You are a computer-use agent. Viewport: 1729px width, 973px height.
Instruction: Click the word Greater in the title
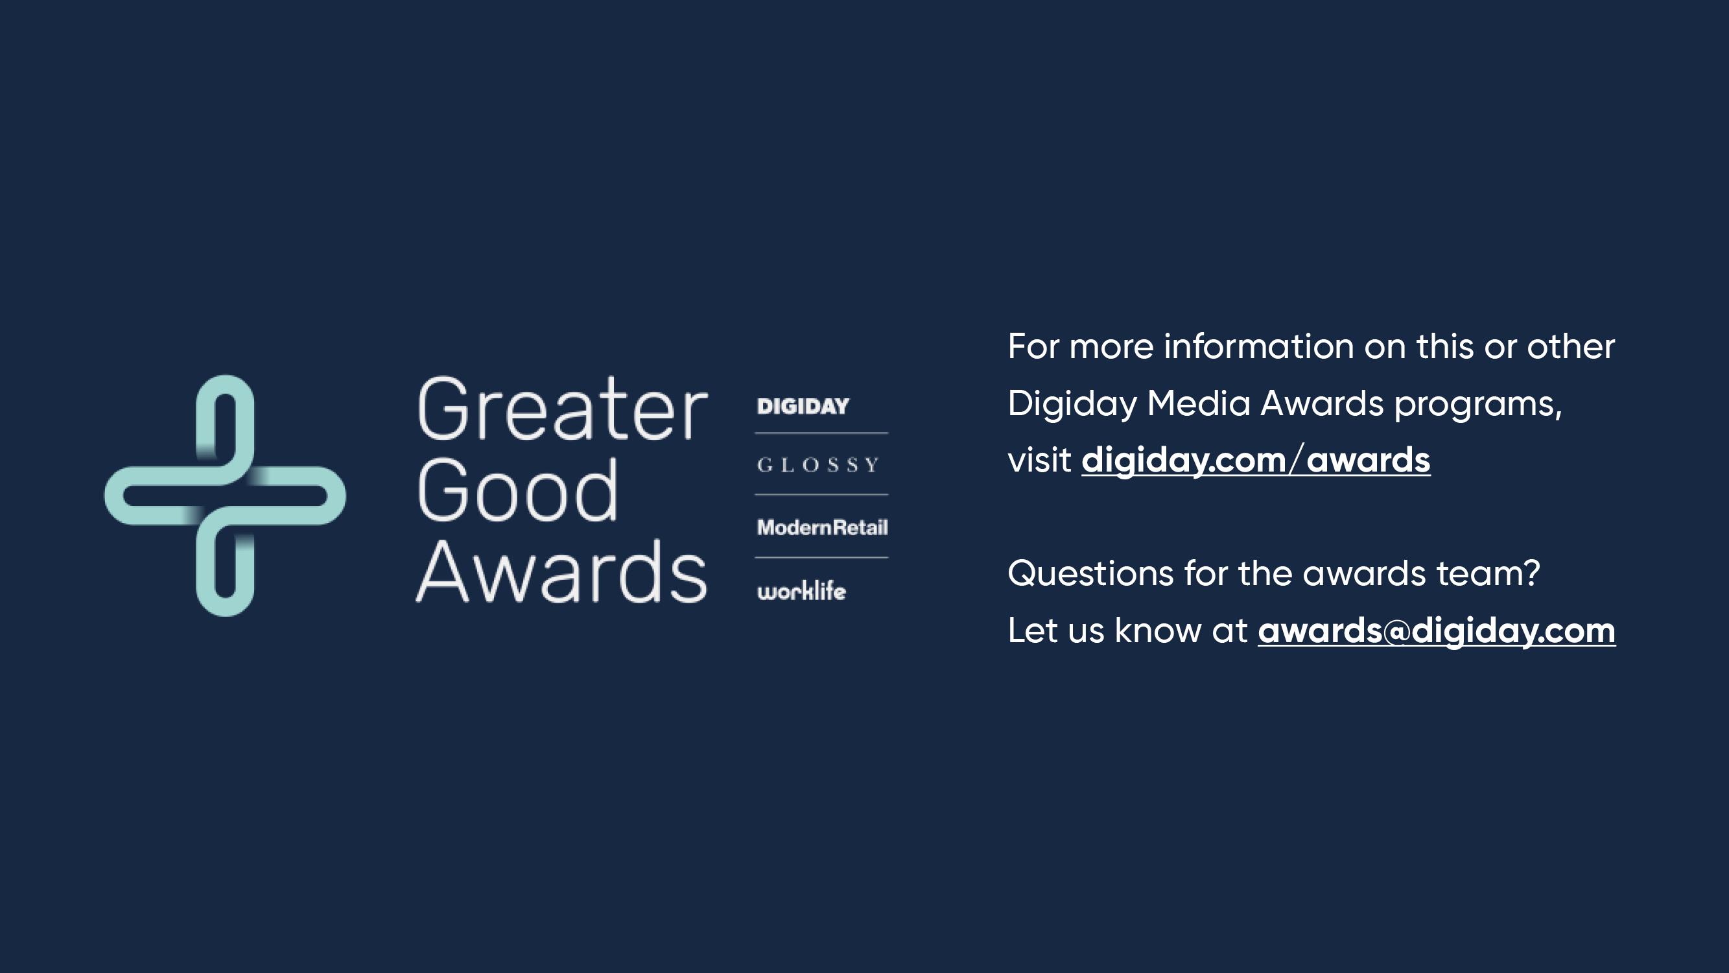563,409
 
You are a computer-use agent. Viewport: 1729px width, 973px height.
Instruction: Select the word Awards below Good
561,571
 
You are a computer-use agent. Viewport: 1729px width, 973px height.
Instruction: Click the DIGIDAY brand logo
803,406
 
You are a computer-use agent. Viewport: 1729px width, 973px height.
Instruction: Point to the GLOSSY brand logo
818,464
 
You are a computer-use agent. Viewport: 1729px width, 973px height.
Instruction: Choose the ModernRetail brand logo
822,527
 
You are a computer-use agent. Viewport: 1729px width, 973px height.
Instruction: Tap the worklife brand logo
801,591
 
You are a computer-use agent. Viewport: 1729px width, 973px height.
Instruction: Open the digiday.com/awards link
1256,461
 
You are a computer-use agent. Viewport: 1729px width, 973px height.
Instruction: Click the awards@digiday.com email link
1437,631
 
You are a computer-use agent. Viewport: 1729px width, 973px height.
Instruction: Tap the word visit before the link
1039,461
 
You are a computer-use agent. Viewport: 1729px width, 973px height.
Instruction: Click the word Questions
1090,574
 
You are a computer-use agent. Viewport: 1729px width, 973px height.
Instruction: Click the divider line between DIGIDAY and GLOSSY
821,433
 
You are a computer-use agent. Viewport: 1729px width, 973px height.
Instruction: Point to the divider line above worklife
821,557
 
